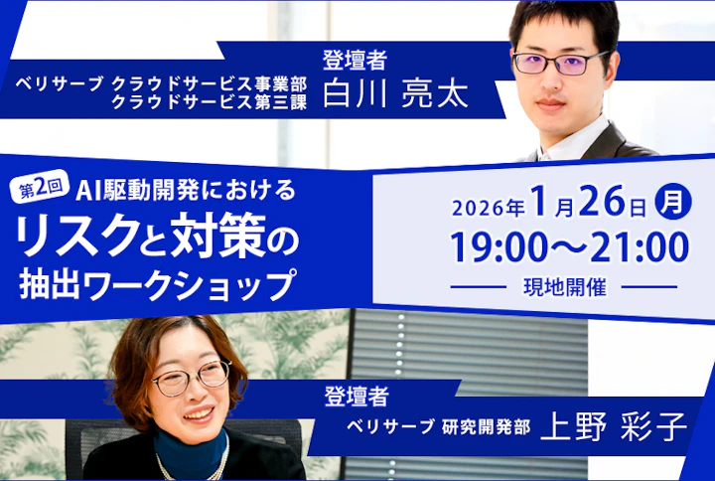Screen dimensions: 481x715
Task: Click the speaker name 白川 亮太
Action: pyautogui.click(x=395, y=93)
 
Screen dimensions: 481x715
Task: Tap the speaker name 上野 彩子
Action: pyautogui.click(x=614, y=428)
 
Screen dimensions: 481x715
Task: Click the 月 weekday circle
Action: pyautogui.click(x=674, y=203)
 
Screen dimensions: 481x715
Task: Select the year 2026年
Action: pyautogui.click(x=488, y=208)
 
